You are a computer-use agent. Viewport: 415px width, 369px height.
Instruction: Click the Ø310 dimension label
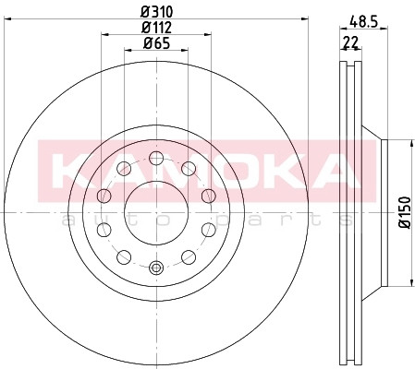click(157, 12)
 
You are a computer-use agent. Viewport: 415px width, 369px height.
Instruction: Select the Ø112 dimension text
click(156, 28)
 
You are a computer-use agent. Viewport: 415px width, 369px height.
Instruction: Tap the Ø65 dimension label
click(156, 43)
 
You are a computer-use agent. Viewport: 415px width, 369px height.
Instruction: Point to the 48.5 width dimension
click(363, 22)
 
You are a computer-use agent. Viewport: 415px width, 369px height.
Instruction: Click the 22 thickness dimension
click(350, 42)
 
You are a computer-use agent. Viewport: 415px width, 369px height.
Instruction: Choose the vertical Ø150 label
click(405, 212)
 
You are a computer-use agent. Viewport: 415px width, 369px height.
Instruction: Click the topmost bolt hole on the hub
click(156, 158)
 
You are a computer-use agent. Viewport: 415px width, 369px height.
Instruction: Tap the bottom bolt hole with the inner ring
click(156, 268)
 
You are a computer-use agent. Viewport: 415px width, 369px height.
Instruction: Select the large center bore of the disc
click(156, 212)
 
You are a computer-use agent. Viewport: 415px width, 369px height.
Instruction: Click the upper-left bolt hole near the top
click(124, 169)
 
